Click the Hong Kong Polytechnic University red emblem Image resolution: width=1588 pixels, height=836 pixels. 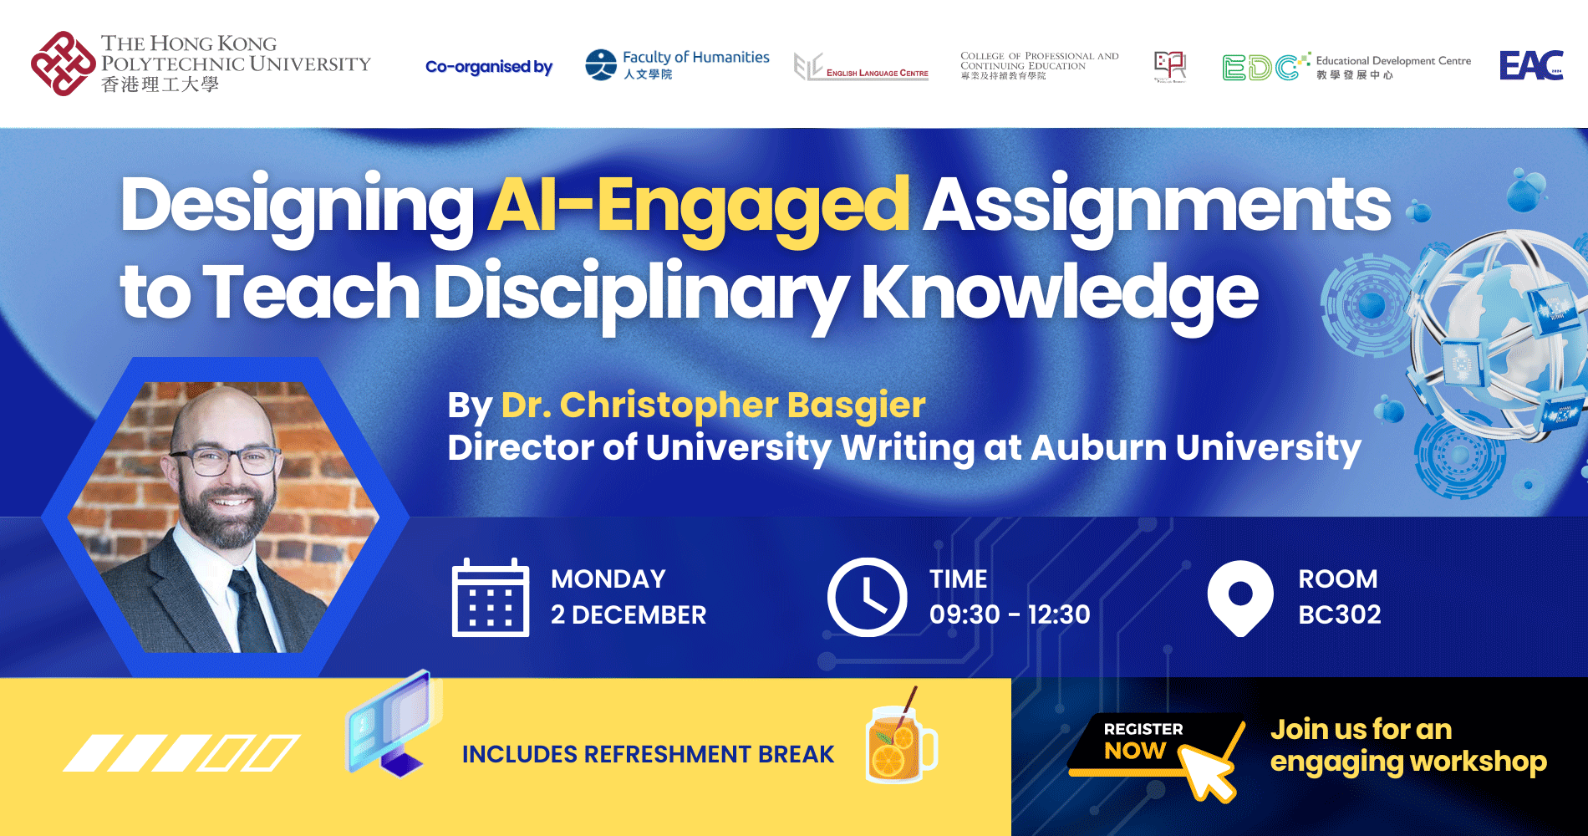(62, 64)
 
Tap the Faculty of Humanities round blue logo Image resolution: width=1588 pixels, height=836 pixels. (601, 64)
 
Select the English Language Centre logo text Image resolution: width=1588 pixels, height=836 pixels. (877, 74)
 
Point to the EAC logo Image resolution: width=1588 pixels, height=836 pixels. (1531, 65)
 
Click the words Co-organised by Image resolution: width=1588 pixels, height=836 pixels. (489, 67)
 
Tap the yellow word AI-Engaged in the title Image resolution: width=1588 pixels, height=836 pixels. (698, 206)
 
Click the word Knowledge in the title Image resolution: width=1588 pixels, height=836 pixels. (1059, 293)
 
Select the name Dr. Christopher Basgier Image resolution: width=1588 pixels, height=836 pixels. (713, 405)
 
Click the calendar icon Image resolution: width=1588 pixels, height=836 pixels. (491, 598)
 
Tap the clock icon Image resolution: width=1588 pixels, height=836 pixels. (867, 597)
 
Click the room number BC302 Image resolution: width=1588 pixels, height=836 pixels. (1339, 614)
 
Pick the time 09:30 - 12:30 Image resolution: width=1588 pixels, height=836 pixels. (1010, 614)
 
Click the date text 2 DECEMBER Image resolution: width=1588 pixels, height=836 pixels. (629, 614)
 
